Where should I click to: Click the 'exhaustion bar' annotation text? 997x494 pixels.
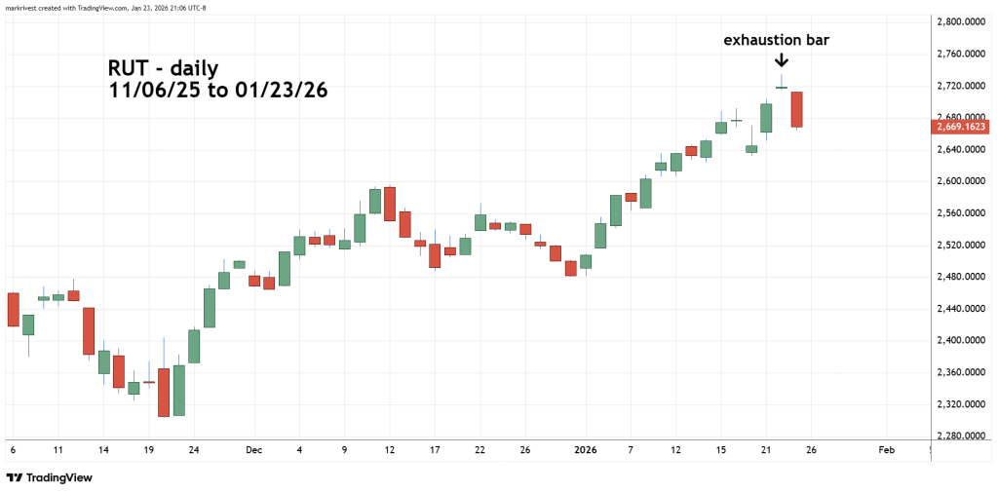click(x=776, y=41)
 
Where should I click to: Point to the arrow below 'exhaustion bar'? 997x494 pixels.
click(x=782, y=61)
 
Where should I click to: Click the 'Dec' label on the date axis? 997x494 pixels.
click(x=254, y=451)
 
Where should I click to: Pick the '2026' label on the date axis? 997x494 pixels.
click(x=585, y=451)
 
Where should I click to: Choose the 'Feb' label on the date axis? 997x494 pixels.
click(x=886, y=451)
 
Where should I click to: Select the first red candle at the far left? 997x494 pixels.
click(x=13, y=309)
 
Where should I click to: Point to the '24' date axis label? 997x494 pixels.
click(x=193, y=451)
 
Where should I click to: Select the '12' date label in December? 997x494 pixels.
click(x=390, y=451)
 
